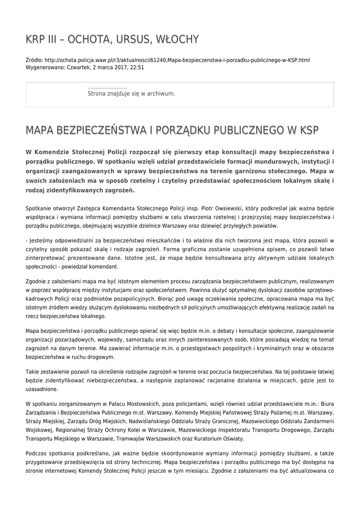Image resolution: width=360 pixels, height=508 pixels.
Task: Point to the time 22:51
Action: (137, 67)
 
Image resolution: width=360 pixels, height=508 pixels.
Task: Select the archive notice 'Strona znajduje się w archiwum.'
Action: (131, 93)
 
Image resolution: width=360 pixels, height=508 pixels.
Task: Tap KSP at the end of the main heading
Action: (307, 130)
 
